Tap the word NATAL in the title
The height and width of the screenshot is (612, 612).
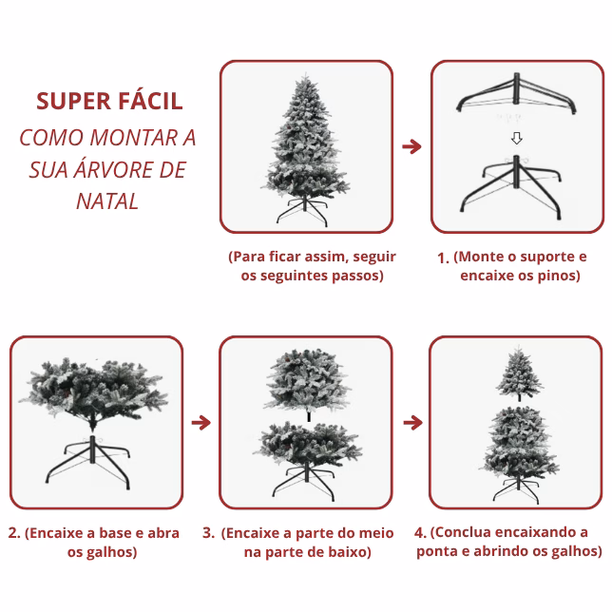point(107,201)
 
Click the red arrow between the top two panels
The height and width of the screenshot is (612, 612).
point(411,146)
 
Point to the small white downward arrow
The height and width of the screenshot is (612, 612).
point(517,138)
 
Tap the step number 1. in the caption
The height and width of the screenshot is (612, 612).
point(443,258)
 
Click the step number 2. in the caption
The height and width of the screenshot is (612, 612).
point(14,533)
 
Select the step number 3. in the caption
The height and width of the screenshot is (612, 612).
point(208,533)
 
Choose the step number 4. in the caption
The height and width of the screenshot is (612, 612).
point(420,532)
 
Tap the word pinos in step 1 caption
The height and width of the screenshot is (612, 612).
point(556,276)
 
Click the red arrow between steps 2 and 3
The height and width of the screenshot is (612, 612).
point(201,422)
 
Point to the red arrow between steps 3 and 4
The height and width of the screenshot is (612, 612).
point(413,422)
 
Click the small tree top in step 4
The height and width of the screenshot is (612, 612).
point(519,373)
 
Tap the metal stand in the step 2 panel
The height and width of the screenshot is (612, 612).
point(90,463)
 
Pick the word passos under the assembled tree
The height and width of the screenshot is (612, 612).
point(354,276)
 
